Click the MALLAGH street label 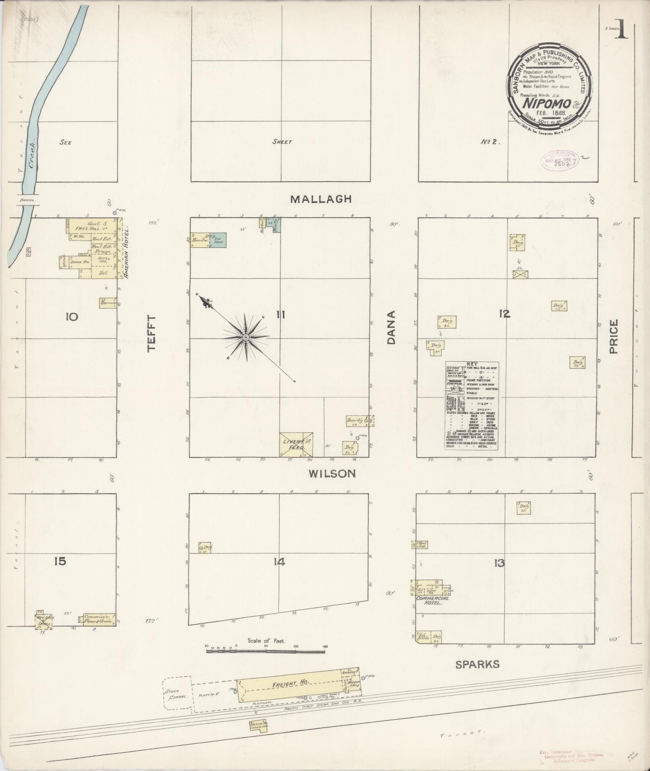(x=320, y=199)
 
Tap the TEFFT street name (x=152, y=333)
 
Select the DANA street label (x=390, y=327)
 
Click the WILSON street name (x=332, y=473)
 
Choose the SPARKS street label (x=477, y=664)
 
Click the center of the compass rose (x=246, y=337)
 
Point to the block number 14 (x=279, y=561)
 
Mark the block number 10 (x=71, y=317)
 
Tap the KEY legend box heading (x=472, y=364)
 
